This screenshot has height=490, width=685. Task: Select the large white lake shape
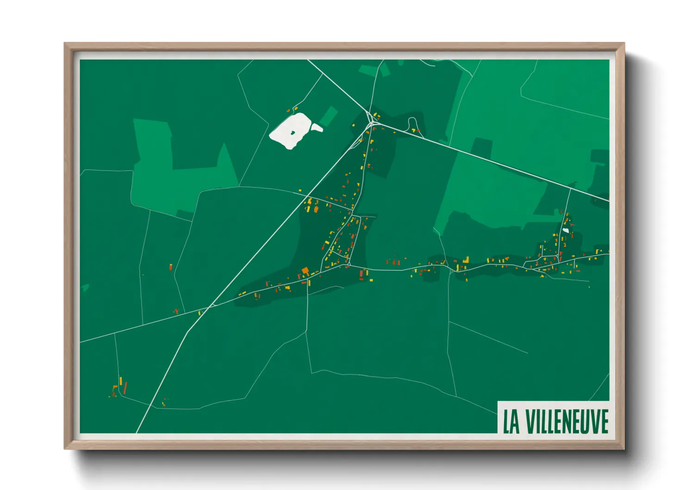pyautogui.click(x=290, y=131)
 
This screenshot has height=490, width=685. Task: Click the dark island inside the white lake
pyautogui.click(x=293, y=133)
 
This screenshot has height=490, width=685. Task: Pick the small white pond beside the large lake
pyautogui.click(x=317, y=127)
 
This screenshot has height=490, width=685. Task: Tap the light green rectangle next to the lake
pyautogui.click(x=328, y=116)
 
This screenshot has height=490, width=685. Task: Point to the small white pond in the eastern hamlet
pyautogui.click(x=565, y=230)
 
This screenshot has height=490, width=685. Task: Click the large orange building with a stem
pyautogui.click(x=305, y=270)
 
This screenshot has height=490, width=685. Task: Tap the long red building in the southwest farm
pyautogui.click(x=125, y=388)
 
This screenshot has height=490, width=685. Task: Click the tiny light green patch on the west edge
pyautogui.click(x=84, y=288)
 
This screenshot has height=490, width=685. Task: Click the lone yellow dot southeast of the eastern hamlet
pyautogui.click(x=589, y=287)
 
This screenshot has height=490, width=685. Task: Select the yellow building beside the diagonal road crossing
pyautogui.click(x=200, y=313)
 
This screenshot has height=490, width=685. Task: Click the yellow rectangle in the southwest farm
pyautogui.click(x=120, y=381)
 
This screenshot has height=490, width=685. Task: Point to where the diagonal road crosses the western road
pyautogui.click(x=211, y=306)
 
